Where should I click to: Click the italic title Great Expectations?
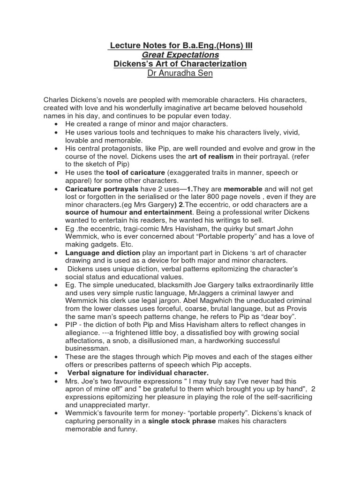pyautogui.click(x=180, y=55)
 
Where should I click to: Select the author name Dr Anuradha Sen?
pyautogui.click(x=180, y=74)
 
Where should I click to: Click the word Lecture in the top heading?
pyautogui.click(x=124, y=45)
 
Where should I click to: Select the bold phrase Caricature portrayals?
pyautogui.click(x=102, y=188)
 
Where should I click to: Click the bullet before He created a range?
pyautogui.click(x=56, y=124)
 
